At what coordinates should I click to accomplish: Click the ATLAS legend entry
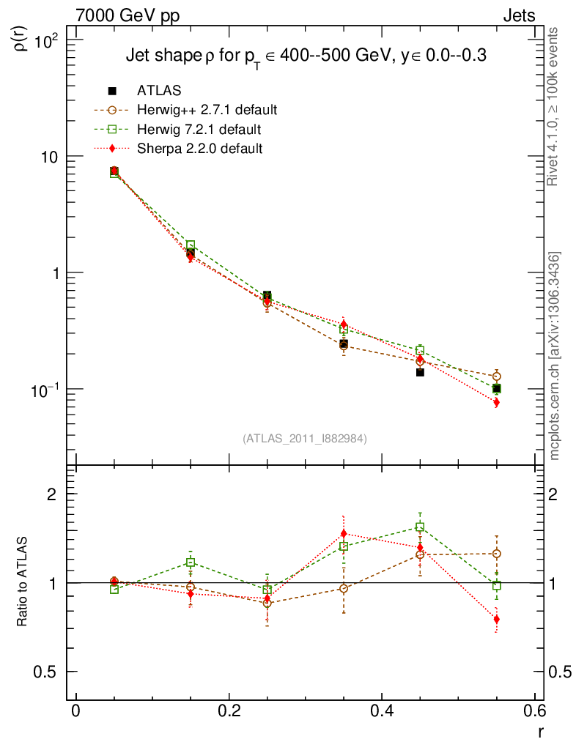159,91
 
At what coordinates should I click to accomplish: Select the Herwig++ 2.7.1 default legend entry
207,111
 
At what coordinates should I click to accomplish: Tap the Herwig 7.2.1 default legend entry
199,130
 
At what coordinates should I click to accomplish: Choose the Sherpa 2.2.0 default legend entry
199,149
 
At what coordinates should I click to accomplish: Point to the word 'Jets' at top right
518,15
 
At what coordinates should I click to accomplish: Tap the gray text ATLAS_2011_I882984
305,439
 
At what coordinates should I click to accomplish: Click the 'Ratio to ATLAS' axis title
23,582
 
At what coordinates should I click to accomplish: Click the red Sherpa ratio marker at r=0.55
497,620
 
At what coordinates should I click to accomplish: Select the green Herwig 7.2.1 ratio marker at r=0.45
420,527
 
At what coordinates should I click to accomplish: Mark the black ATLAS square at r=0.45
420,372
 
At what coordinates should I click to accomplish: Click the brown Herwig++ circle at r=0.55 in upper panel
497,376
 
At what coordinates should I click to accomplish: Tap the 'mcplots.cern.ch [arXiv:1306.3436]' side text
555,356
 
